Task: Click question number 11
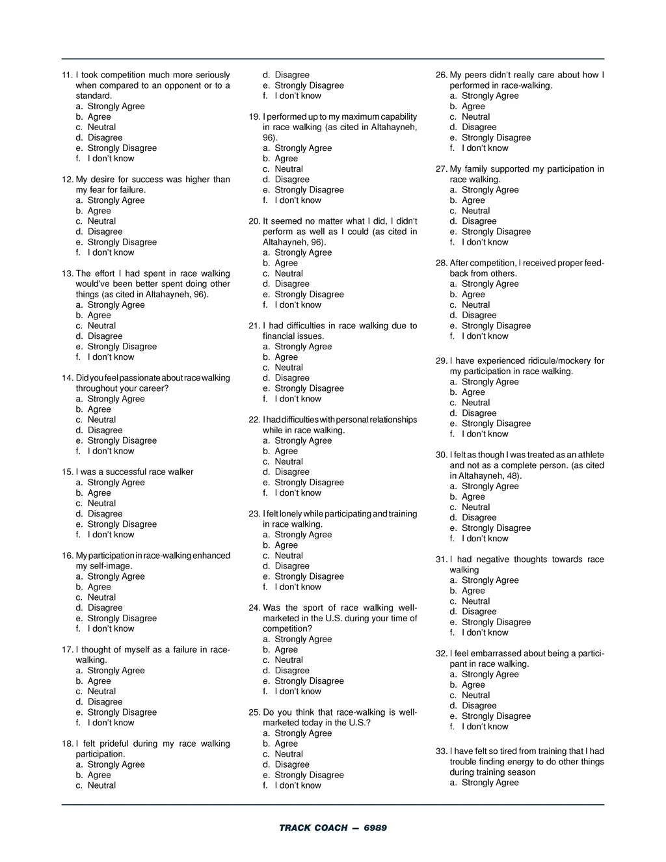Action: pos(67,75)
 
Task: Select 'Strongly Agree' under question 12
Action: pos(116,200)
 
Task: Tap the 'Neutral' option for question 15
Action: pos(101,504)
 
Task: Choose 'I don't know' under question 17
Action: pos(111,723)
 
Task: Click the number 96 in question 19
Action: pos(268,138)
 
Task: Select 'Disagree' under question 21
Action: pos(292,378)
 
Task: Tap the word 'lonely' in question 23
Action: pos(291,514)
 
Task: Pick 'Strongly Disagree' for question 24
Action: pos(309,681)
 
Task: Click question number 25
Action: pos(254,712)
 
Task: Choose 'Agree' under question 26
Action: pos(473,107)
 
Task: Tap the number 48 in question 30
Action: pos(513,476)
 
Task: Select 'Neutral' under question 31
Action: pos(475,601)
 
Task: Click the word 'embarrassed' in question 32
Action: pos(498,653)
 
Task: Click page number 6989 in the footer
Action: pos(375,828)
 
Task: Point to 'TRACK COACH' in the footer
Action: pos(313,828)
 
